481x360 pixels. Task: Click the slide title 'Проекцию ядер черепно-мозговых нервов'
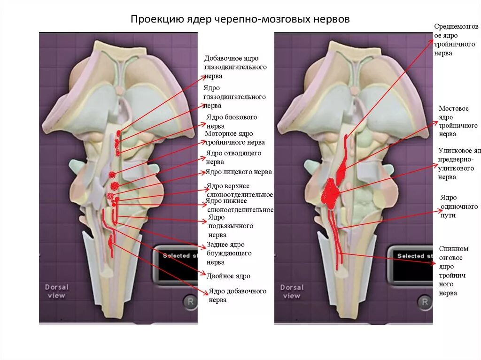[x=240, y=20]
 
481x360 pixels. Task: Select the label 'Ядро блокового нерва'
[x=232, y=122]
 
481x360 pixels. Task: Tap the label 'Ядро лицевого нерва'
[x=239, y=172]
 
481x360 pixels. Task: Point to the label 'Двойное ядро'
[x=228, y=276]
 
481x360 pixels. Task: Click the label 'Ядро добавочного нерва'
[x=237, y=295]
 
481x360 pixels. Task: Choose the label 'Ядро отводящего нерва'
[x=233, y=157]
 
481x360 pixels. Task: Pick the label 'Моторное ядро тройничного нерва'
[x=235, y=138]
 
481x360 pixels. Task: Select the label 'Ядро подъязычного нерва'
[x=231, y=226]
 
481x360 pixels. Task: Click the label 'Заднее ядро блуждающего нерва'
[x=229, y=253]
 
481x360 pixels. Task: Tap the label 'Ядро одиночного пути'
[x=458, y=207]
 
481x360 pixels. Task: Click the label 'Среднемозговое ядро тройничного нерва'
[x=456, y=40]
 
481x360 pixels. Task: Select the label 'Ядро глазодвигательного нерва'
[x=234, y=97]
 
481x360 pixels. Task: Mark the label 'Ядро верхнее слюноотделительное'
[x=240, y=190]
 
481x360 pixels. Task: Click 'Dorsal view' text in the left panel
[x=56, y=291]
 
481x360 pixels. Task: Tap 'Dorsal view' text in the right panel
[x=292, y=291]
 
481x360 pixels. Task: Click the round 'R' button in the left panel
[x=190, y=302]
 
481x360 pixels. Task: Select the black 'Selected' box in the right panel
[x=411, y=265]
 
